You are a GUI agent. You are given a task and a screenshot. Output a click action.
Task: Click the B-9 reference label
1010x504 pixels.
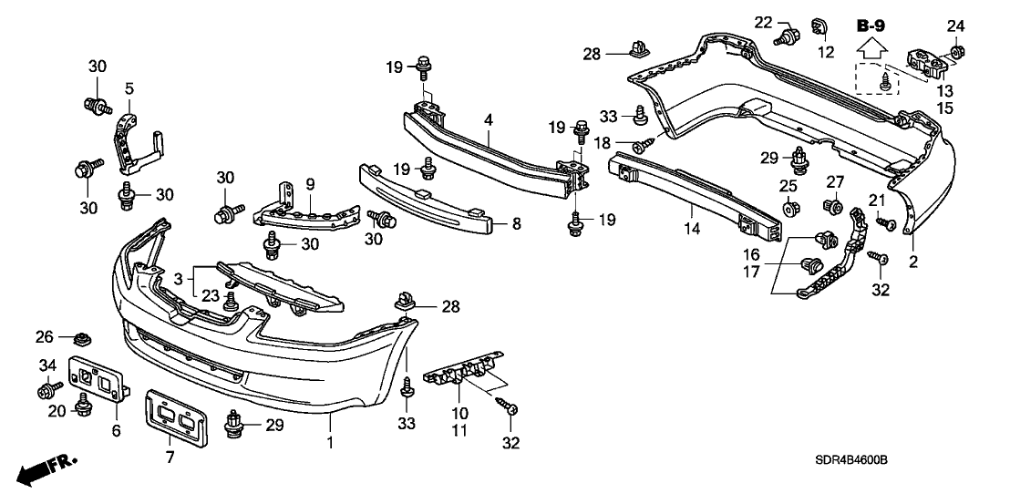[x=873, y=25]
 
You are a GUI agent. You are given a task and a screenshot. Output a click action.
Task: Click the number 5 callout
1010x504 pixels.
[x=129, y=88]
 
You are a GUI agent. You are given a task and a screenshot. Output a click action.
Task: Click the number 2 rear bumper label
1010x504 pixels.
[x=913, y=262]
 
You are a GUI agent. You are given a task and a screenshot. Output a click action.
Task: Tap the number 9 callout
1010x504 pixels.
[x=309, y=182]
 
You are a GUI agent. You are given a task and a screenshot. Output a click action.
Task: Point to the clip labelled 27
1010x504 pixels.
[x=832, y=209]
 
